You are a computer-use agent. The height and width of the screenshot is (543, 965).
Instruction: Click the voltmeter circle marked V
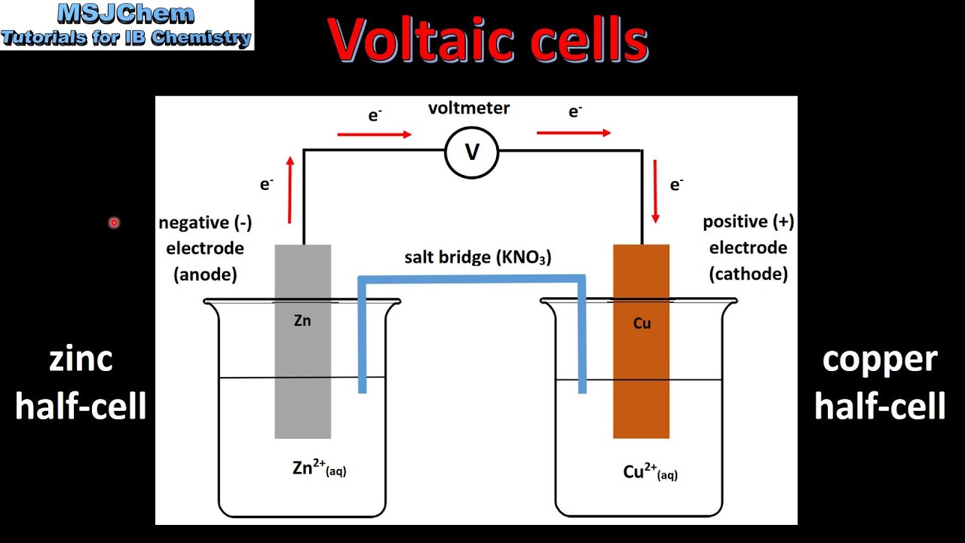coord(472,152)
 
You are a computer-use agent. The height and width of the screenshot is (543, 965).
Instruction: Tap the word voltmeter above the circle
coord(469,108)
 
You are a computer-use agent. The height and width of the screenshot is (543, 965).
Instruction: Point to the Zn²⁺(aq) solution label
coord(319,468)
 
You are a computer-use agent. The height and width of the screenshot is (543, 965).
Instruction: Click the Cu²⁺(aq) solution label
coord(650,472)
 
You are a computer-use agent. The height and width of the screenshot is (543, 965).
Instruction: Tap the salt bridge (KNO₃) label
coord(477,257)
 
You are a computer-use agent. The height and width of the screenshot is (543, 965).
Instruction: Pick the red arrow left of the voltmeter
coord(374,134)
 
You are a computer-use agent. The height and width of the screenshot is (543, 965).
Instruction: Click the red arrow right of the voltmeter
coord(574,133)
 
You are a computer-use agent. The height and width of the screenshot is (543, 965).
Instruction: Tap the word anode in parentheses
coord(205,275)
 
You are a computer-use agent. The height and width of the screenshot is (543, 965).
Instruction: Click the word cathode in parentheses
coord(749,274)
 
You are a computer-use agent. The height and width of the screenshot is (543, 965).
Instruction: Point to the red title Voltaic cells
coord(489,39)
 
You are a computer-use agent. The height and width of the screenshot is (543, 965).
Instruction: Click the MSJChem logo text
coord(126,14)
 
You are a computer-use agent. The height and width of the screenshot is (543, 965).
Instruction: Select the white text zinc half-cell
coord(81,382)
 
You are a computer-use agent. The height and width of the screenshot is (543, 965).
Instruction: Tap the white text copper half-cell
coord(880,382)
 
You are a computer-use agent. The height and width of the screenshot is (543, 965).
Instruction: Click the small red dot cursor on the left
coord(114,222)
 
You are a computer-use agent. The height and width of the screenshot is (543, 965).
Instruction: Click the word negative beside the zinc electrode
coord(193,222)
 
